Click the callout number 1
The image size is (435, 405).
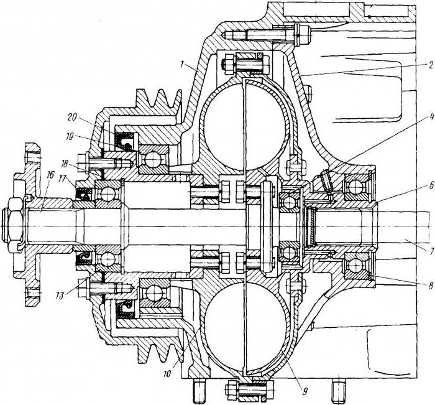pyautogui.click(x=181, y=65)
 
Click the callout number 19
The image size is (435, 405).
pyautogui.click(x=71, y=137)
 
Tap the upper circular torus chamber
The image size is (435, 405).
pyautogui.click(x=245, y=122)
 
